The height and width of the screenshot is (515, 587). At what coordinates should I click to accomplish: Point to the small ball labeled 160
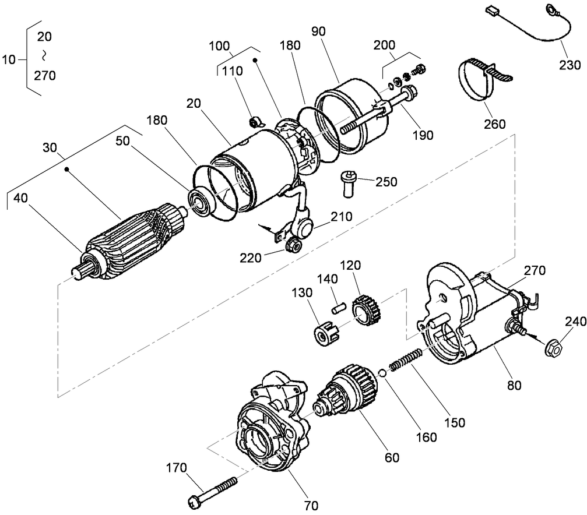click(x=381, y=373)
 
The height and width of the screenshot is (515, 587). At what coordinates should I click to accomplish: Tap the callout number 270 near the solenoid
click(x=534, y=270)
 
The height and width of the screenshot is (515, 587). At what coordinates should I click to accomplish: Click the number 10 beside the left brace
click(x=10, y=59)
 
